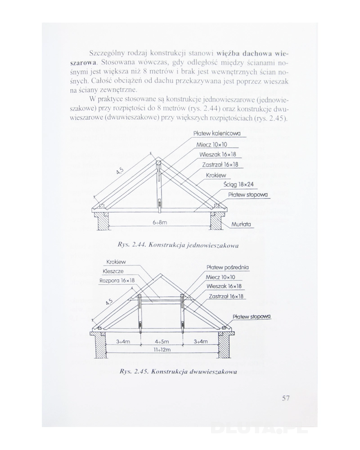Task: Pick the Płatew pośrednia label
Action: pyautogui.click(x=227, y=267)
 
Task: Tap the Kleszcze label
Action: pyautogui.click(x=113, y=272)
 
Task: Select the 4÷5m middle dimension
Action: pyautogui.click(x=161, y=342)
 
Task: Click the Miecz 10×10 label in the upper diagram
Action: pyautogui.click(x=211, y=144)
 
